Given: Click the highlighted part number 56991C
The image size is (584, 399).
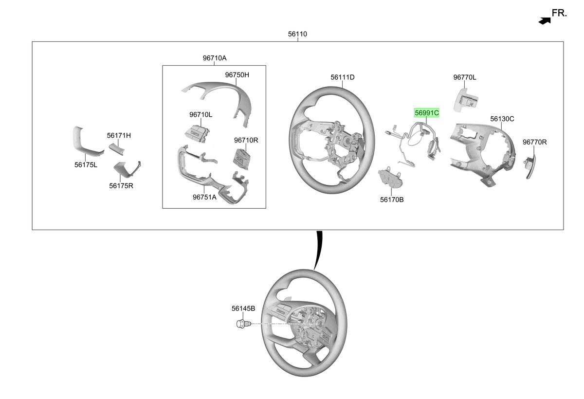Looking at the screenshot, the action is coord(426,113).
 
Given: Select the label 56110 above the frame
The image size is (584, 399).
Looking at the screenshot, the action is coord(297,34).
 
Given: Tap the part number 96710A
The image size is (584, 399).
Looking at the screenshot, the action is coord(215,58).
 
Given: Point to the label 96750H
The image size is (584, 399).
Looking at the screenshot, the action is coord(237,75).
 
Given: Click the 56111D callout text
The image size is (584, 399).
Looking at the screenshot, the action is coord(342,77).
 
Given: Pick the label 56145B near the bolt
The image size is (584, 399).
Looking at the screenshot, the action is coord(243,308).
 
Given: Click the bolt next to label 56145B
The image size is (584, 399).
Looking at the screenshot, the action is coord(243,324).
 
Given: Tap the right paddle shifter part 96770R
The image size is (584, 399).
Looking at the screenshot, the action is coord(530,166).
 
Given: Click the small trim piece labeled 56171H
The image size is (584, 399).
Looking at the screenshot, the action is coord(116,149).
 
